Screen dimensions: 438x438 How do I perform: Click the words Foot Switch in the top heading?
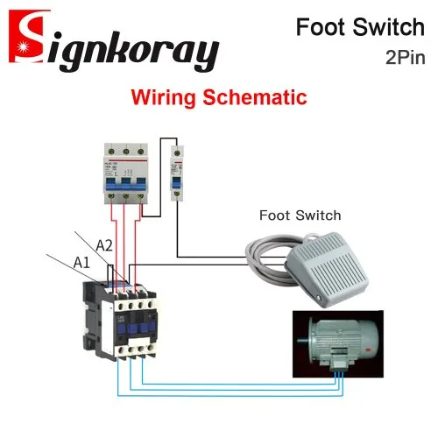tap(360, 27)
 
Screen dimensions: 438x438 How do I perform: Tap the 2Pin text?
tap(406, 58)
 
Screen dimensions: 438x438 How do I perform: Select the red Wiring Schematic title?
tap(219, 97)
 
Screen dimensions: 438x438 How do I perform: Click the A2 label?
tap(104, 245)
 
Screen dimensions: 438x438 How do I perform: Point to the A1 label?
tap(81, 263)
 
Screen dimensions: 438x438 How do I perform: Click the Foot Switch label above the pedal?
tap(300, 215)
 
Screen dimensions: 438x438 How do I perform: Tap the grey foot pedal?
tap(327, 270)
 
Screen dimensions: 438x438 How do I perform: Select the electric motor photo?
tap(338, 343)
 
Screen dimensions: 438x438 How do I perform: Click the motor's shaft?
tap(302, 340)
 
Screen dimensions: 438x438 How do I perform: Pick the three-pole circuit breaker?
tap(126, 173)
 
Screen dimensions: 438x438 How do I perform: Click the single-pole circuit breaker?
tap(177, 173)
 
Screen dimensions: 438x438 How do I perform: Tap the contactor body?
tap(121, 321)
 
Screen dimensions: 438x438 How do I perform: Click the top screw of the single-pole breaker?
tap(177, 153)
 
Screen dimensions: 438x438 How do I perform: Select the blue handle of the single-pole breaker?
tap(177, 183)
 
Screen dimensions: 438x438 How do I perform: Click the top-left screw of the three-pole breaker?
tap(111, 152)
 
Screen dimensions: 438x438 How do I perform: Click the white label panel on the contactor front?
tap(107, 326)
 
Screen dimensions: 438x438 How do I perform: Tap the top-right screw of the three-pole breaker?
tap(141, 152)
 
